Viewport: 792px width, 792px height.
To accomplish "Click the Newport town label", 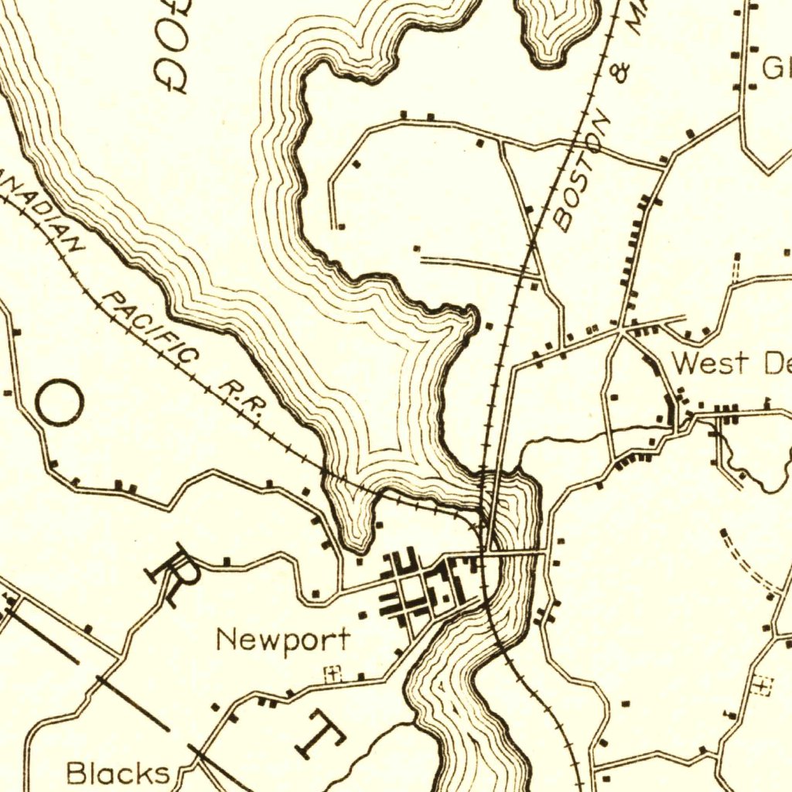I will coord(282,640).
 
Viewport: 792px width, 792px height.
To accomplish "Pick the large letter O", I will coord(59,404).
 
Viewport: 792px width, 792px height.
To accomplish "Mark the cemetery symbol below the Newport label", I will coord(333,674).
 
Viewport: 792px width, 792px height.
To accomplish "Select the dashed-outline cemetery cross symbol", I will coord(762,684).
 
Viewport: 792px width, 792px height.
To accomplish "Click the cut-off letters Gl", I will coord(775,70).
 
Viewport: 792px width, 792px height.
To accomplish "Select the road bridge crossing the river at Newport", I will coord(514,552).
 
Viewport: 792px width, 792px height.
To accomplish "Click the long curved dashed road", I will coord(746,565).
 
